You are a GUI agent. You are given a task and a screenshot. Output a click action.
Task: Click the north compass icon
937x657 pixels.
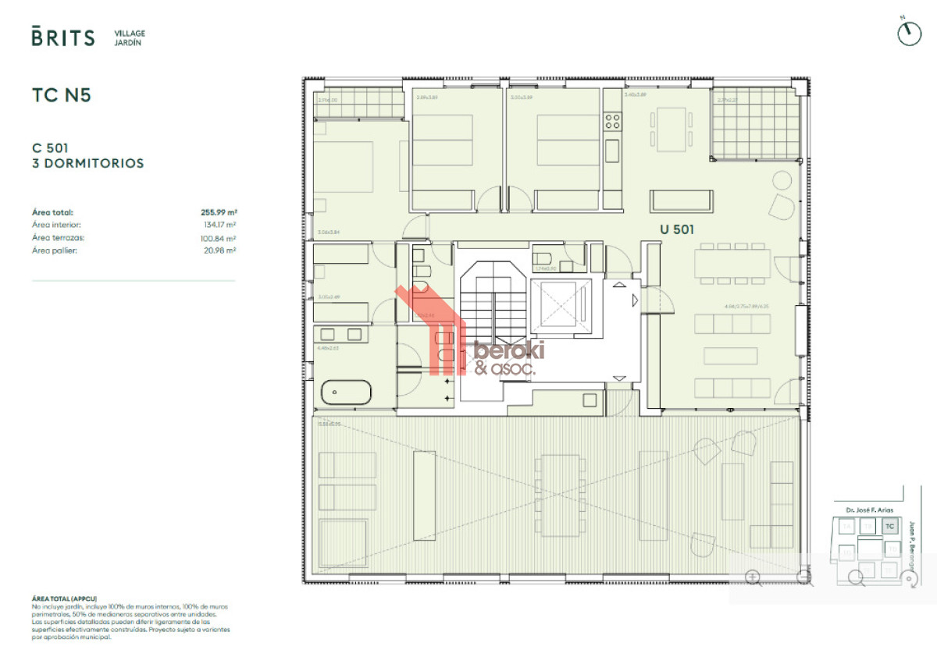pyautogui.click(x=909, y=33)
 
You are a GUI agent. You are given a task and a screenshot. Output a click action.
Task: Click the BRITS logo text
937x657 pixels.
pyautogui.click(x=63, y=37)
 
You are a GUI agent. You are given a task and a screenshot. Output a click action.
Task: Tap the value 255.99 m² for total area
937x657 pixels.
pyautogui.click(x=219, y=211)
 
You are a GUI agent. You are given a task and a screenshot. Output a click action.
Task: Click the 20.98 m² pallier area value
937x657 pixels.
pyautogui.click(x=221, y=250)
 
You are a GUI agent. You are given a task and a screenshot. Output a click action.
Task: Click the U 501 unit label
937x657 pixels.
pyautogui.click(x=676, y=229)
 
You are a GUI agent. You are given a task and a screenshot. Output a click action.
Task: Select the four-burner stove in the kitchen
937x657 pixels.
pyautogui.click(x=613, y=121)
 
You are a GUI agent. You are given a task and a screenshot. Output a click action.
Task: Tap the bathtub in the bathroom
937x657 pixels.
pyautogui.click(x=347, y=389)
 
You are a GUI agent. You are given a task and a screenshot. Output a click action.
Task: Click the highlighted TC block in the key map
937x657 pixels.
pyautogui.click(x=889, y=527)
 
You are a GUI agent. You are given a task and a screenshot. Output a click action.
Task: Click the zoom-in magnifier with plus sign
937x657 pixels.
pyautogui.click(x=754, y=577)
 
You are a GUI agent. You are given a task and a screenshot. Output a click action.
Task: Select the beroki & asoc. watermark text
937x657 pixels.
pyautogui.click(x=508, y=358)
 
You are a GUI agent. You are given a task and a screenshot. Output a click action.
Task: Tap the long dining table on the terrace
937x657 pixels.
pyautogui.click(x=558, y=495)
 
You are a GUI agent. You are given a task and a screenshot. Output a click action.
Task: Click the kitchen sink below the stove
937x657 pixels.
pyautogui.click(x=612, y=148)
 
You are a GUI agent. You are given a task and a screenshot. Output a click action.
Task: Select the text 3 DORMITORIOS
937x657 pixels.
pyautogui.click(x=87, y=164)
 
